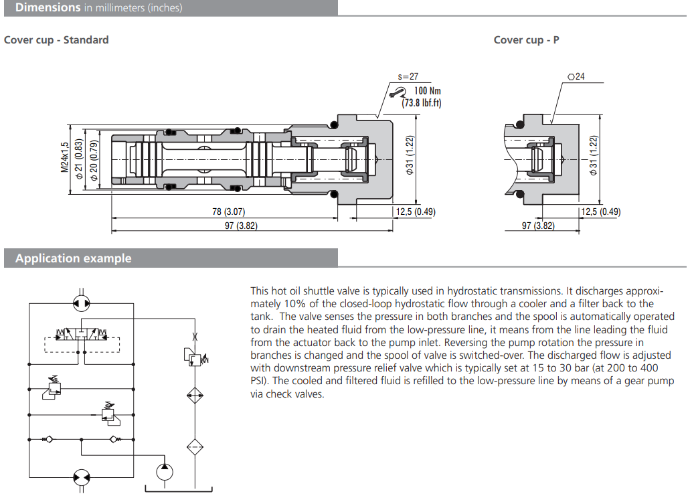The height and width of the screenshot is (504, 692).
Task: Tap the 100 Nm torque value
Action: pyautogui.click(x=428, y=91)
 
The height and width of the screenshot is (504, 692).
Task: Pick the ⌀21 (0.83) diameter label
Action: pyautogui.click(x=79, y=158)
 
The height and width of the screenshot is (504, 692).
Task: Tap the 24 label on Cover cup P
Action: pyautogui.click(x=579, y=77)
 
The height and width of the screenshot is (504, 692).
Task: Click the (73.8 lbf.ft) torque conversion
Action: pyautogui.click(x=422, y=103)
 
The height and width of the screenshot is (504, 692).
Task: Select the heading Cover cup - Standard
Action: pyautogui.click(x=56, y=39)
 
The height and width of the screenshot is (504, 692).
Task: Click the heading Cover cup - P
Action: pyautogui.click(x=526, y=39)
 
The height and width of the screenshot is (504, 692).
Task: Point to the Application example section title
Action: pyautogui.click(x=74, y=258)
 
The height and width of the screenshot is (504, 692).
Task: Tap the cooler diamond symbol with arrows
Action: pyautogui.click(x=195, y=395)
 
